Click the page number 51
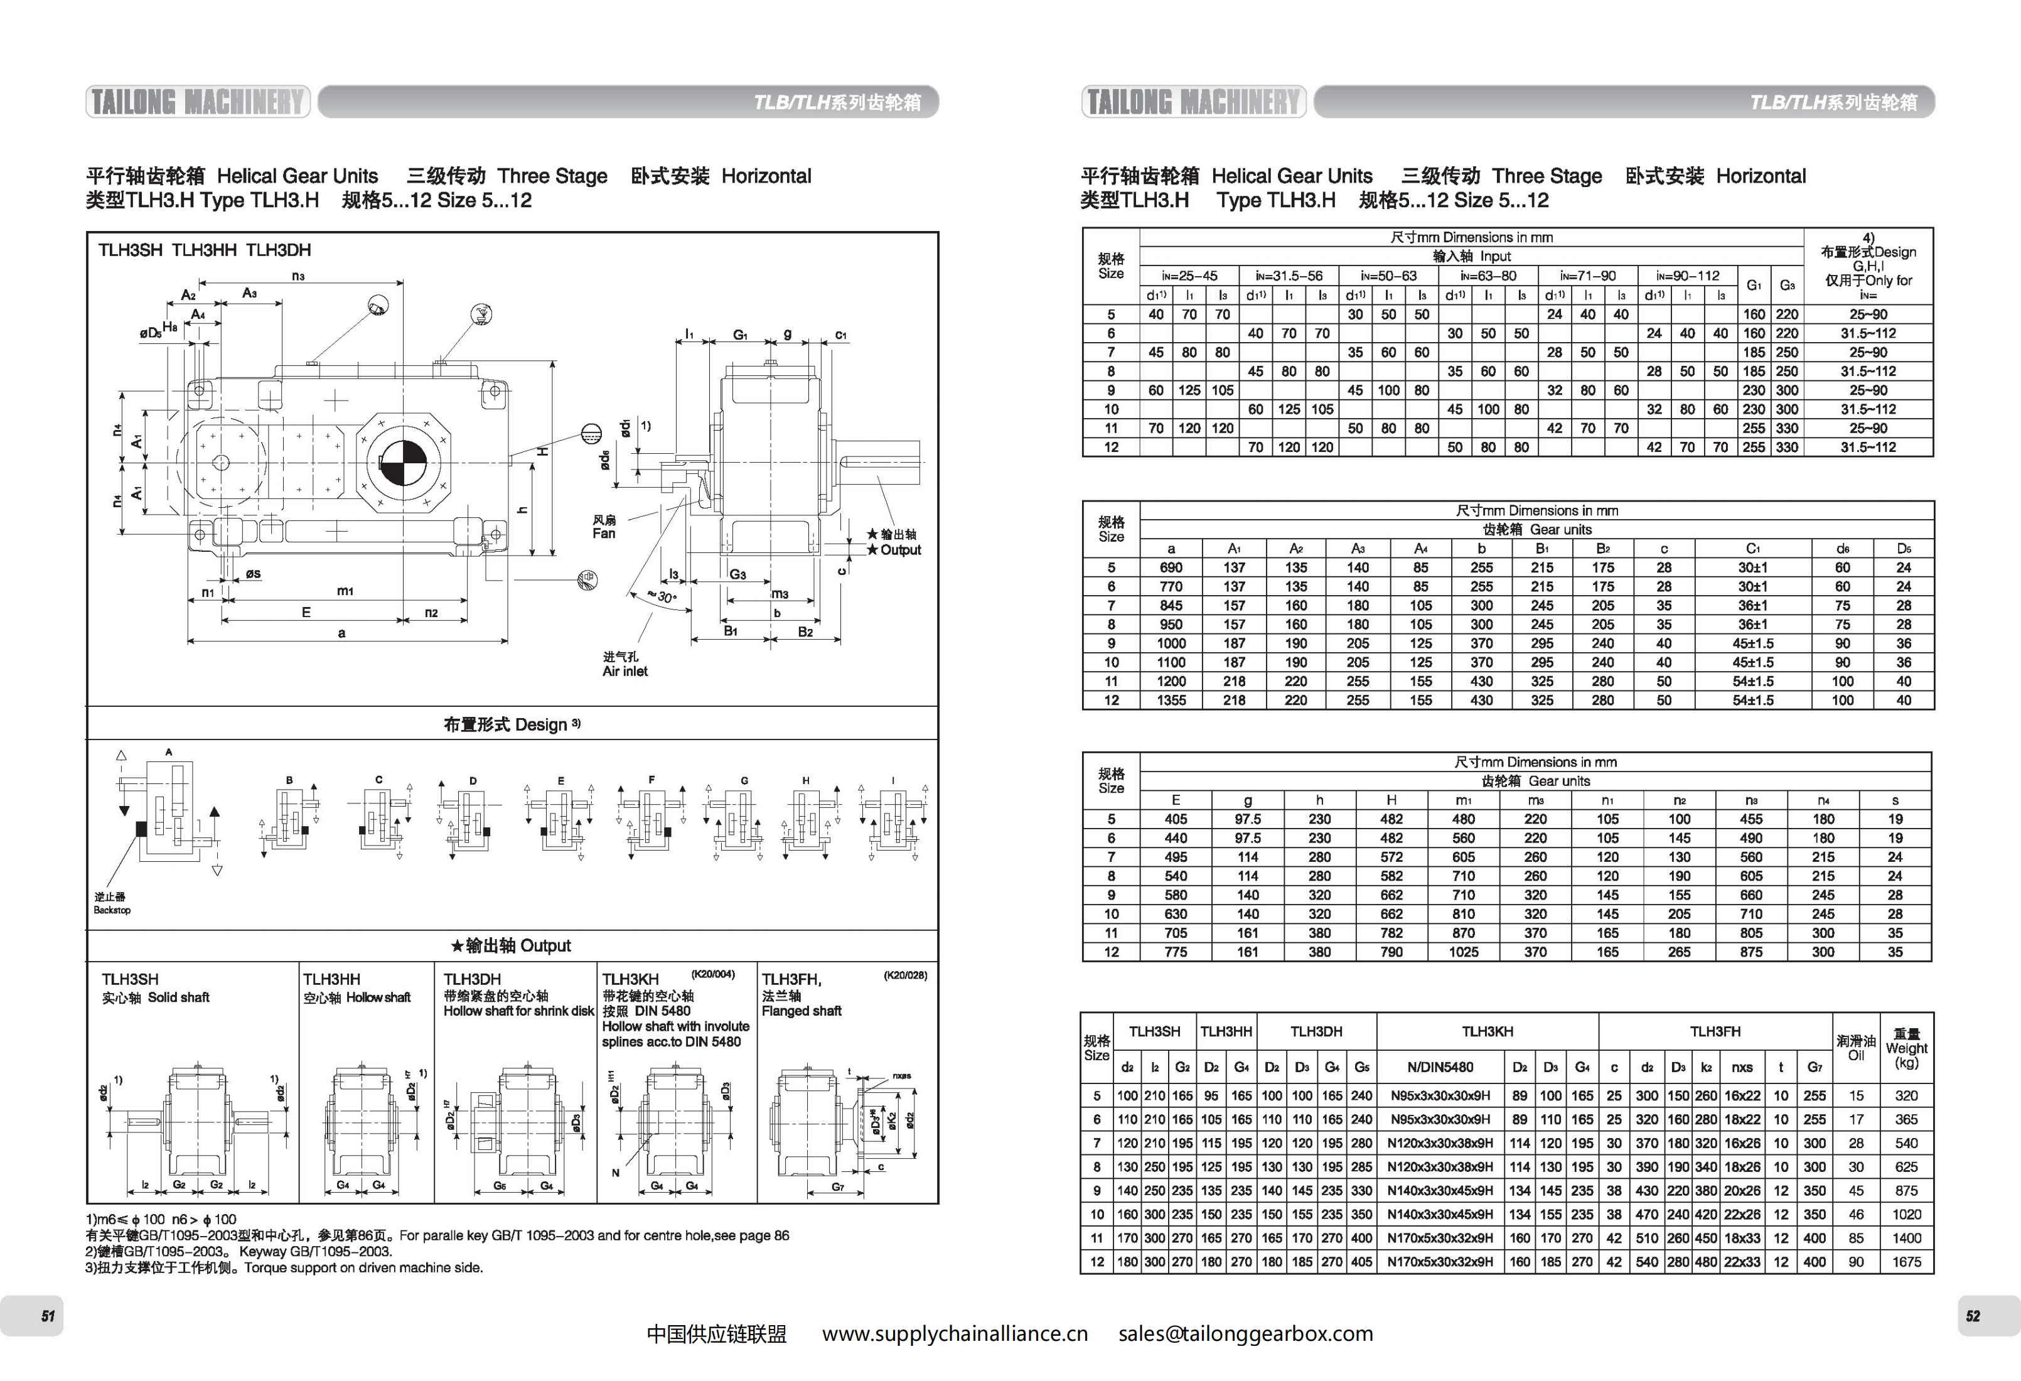click(x=48, y=1316)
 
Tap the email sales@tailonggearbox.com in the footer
click(x=1245, y=1334)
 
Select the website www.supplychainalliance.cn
click(x=955, y=1334)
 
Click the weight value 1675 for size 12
click(x=1906, y=1262)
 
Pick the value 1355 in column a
click(x=1171, y=700)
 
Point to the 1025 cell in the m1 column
click(x=1464, y=952)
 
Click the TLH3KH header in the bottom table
click(x=1487, y=1031)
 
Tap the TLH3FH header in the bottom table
click(x=1715, y=1031)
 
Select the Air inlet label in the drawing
click(x=625, y=672)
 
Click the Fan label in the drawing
click(x=604, y=533)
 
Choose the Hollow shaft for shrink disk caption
click(x=518, y=1011)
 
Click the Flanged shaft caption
click(x=801, y=1011)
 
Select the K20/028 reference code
click(x=905, y=975)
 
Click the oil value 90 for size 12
click(x=1856, y=1262)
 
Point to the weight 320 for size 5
click(x=1906, y=1096)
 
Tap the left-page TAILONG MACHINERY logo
click(x=198, y=102)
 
